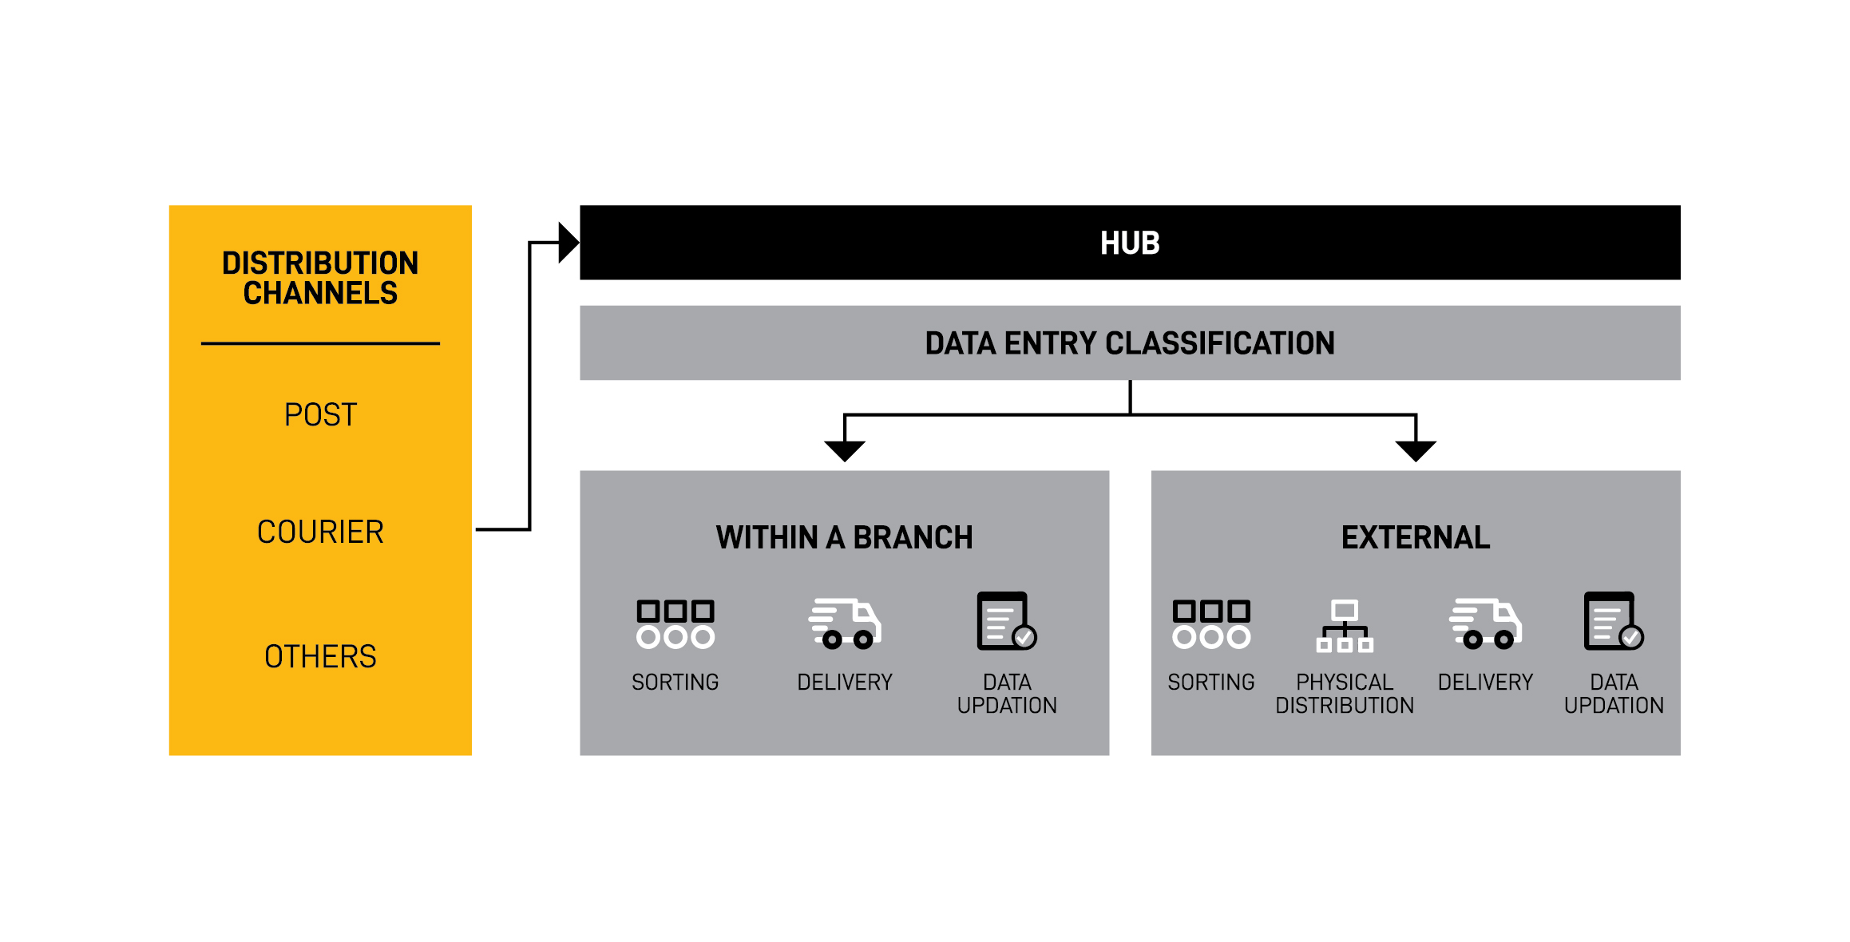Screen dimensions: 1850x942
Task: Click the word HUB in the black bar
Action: click(x=1130, y=243)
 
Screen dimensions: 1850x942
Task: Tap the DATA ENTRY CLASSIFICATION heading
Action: click(x=1130, y=343)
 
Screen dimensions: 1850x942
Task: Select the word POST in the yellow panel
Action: click(x=320, y=415)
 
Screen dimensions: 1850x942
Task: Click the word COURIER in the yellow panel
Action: click(x=320, y=532)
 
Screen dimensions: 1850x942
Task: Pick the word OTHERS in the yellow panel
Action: click(x=320, y=656)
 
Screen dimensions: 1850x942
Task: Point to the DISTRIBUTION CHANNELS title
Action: click(x=320, y=278)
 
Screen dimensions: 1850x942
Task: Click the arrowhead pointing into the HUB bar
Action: click(x=568, y=243)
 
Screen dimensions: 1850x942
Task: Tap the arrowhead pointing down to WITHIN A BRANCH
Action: click(x=845, y=451)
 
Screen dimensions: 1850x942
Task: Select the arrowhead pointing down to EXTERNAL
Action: click(x=1416, y=451)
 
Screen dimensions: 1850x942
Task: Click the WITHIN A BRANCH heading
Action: click(x=845, y=537)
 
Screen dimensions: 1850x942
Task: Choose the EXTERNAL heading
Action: click(x=1416, y=537)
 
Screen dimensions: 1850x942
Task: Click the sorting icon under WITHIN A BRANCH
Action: click(x=675, y=623)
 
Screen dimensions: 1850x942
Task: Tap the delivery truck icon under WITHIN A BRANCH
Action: click(x=845, y=623)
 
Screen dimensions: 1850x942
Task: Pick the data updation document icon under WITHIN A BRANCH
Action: click(x=1007, y=621)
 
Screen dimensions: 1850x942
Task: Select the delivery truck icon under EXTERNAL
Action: click(x=1486, y=623)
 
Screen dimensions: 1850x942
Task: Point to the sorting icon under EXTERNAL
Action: click(x=1211, y=623)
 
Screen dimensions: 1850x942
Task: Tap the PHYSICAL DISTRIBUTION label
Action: click(x=1345, y=694)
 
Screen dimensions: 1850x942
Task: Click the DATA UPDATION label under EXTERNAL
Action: click(x=1614, y=694)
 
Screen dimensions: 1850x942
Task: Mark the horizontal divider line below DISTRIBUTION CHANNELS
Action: click(x=320, y=343)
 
